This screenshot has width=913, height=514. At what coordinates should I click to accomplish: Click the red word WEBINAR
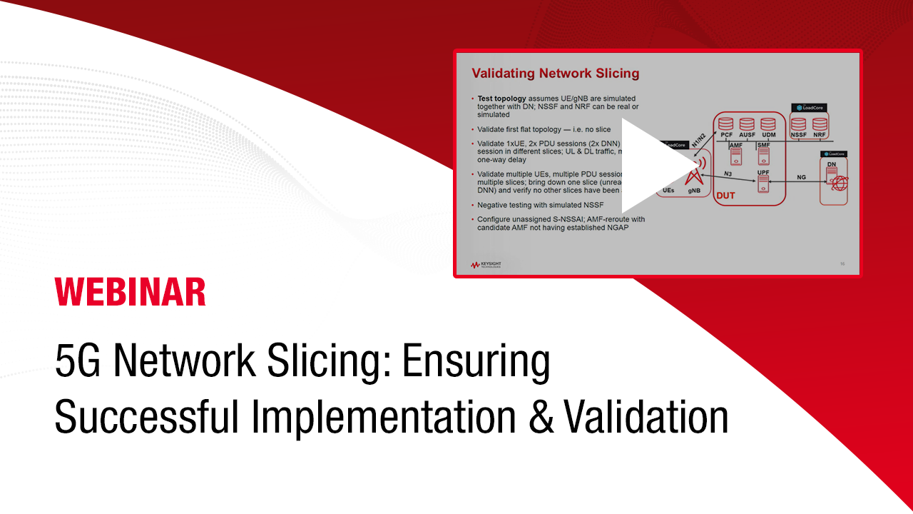click(131, 292)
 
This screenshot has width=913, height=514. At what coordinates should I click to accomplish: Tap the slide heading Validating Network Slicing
click(556, 74)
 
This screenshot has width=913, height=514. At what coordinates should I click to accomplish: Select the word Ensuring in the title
click(476, 363)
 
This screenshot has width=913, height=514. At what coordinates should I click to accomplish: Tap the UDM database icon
click(767, 124)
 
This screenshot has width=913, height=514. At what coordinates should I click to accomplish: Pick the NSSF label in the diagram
click(798, 135)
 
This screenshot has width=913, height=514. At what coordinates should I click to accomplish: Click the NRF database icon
click(820, 124)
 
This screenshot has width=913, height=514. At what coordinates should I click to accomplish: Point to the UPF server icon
click(762, 183)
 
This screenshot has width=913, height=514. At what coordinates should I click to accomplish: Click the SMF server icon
click(762, 156)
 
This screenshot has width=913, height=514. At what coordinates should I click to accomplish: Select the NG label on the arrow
click(801, 176)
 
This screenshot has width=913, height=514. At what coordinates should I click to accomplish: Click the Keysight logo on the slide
click(486, 265)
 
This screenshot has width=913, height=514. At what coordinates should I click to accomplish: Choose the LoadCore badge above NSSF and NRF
click(809, 109)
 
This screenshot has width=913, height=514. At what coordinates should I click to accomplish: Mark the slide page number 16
click(842, 264)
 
